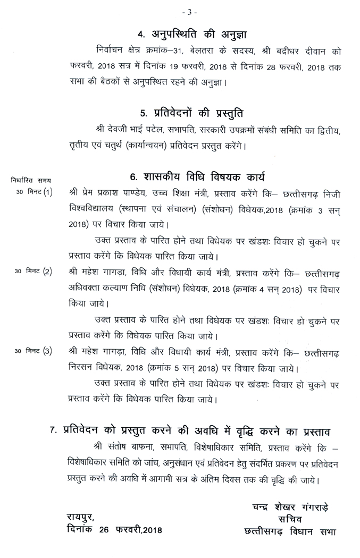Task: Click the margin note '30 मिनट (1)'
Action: (33, 192)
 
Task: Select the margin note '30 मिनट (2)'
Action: (33, 272)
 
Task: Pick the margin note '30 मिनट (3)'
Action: (33, 352)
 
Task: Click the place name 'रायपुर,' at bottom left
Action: (81, 516)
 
